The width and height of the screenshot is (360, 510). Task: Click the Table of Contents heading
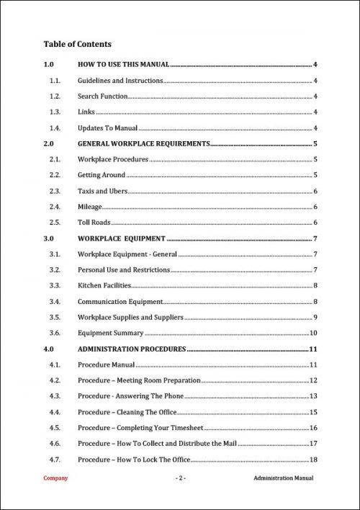coord(77,44)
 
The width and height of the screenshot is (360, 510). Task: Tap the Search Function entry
coord(102,97)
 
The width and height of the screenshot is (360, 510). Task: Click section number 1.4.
coord(54,128)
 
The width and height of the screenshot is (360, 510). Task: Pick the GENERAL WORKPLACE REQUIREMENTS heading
coord(143,144)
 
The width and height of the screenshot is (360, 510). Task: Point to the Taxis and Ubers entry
coord(102,191)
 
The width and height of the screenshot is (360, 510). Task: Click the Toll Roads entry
coord(94,223)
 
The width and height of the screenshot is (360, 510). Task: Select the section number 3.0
coord(49,238)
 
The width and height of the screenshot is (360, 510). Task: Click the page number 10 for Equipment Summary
coord(314,333)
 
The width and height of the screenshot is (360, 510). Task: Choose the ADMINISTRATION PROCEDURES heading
coord(132,349)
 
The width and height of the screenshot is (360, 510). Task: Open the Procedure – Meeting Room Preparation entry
coord(138,380)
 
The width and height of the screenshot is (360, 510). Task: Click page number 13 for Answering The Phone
coord(314,396)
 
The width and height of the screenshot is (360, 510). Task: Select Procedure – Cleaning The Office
coord(127,412)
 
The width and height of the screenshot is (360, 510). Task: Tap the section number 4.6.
coord(54,444)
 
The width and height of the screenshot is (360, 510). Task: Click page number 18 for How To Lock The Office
coord(314,460)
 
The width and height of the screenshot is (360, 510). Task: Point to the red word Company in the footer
coord(56,479)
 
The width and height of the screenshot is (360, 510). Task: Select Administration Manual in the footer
coord(284,479)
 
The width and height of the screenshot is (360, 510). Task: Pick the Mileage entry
coord(90,207)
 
